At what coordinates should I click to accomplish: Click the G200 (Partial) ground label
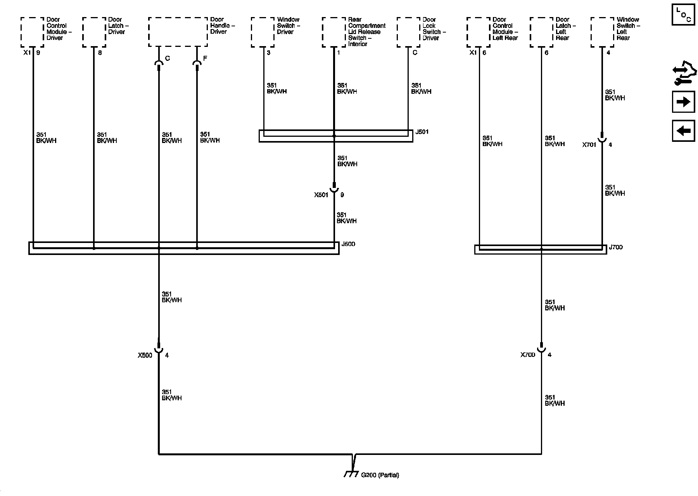click(380, 475)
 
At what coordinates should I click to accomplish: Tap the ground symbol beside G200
click(351, 474)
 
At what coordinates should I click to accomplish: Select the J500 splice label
click(348, 244)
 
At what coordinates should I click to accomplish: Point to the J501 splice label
click(422, 132)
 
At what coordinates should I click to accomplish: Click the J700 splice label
click(615, 247)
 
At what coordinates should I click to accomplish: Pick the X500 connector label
click(145, 355)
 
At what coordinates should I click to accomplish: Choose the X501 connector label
click(321, 195)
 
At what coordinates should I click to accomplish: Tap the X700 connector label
click(528, 355)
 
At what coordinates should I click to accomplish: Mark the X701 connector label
click(589, 145)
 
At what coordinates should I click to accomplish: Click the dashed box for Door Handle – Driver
click(178, 32)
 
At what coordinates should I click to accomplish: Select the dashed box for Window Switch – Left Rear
click(602, 32)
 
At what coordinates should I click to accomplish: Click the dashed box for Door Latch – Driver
click(94, 32)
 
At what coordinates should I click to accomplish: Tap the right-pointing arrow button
click(683, 102)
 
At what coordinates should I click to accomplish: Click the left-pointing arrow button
click(683, 131)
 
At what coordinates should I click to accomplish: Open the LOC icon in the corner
click(683, 15)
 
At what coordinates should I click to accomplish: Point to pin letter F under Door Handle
click(205, 59)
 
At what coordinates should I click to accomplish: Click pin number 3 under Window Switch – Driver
click(269, 53)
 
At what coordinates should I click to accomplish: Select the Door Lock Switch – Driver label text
click(434, 29)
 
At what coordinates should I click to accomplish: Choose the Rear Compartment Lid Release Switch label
click(366, 32)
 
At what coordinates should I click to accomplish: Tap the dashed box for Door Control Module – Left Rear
click(478, 32)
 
